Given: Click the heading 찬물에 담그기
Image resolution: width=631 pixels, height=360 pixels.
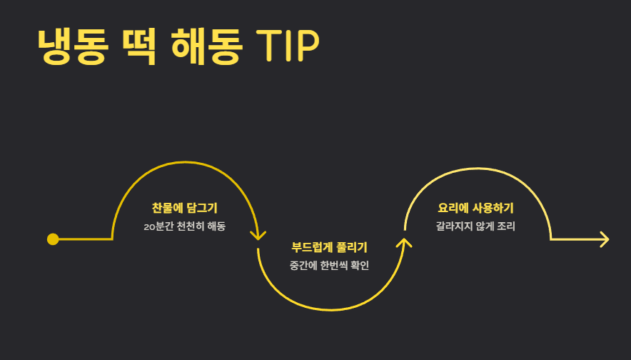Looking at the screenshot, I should [x=184, y=209].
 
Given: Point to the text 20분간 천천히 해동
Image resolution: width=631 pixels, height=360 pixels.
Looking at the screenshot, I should [x=184, y=226].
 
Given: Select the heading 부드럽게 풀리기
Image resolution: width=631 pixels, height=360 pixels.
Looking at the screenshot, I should [x=329, y=248].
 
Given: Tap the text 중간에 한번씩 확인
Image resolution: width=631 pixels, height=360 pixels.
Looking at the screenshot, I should [x=329, y=266].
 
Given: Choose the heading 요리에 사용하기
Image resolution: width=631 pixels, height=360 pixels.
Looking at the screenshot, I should [x=475, y=209].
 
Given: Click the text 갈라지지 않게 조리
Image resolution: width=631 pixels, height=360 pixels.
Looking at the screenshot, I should [x=475, y=226].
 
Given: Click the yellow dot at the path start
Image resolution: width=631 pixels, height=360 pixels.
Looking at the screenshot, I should [x=52, y=239].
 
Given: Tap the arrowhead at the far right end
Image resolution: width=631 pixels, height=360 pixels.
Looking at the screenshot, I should [x=604, y=239].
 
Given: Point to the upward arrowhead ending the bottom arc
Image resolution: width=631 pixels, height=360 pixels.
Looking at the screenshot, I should [x=405, y=243].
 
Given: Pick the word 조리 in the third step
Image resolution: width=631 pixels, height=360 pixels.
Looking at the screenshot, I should [x=506, y=226].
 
